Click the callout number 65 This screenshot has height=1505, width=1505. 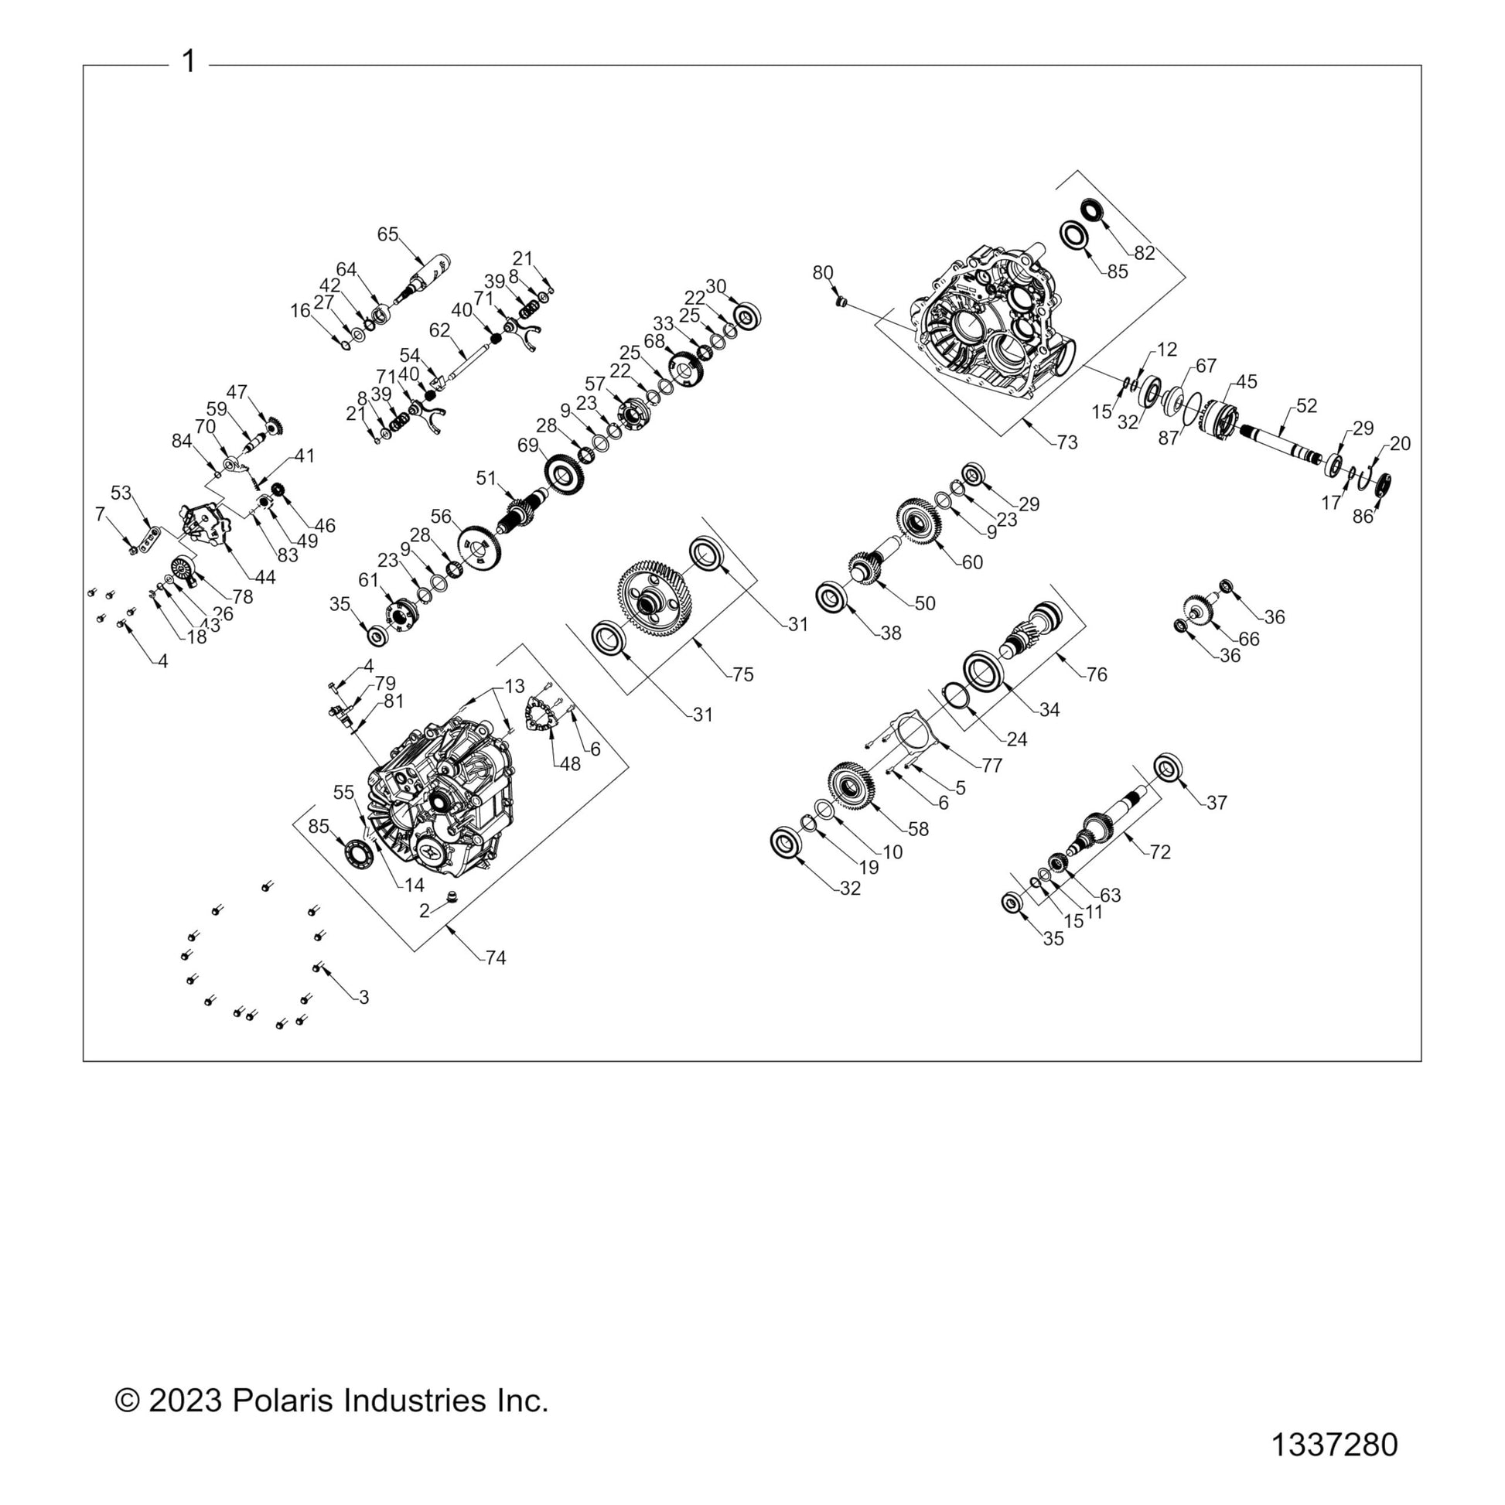388,234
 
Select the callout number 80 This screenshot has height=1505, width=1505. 823,273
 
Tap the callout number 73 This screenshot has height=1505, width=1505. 1067,442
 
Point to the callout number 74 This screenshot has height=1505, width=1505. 497,958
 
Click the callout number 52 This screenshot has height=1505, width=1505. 1306,406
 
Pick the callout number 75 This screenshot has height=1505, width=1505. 743,674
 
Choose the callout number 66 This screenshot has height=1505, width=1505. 1249,639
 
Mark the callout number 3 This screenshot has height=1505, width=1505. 363,997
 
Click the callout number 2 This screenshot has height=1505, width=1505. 425,910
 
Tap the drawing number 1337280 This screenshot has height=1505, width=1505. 1334,1445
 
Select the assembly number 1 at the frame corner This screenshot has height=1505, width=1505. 189,62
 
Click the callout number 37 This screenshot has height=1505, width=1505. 1217,802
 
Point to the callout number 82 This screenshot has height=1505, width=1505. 1145,253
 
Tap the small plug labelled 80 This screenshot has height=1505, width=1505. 841,301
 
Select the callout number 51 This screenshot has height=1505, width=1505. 486,477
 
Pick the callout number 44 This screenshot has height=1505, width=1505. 264,577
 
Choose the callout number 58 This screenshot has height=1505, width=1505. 919,829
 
